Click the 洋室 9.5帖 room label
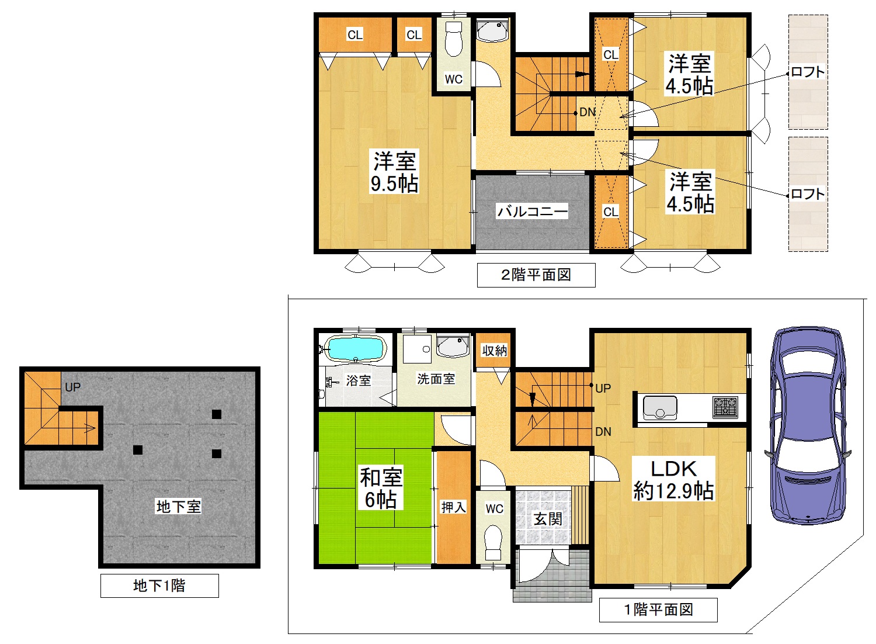(x=395, y=172)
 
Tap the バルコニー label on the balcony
(x=532, y=211)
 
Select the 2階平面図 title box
(x=536, y=275)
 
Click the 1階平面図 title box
(x=658, y=610)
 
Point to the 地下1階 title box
(x=159, y=586)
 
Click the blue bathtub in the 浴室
(x=356, y=349)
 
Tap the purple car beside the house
(x=808, y=425)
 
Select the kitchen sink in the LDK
(x=660, y=407)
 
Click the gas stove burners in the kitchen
(x=725, y=406)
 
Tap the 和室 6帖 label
(x=381, y=489)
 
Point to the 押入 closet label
(x=453, y=507)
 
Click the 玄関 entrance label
(x=548, y=519)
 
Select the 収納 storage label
(x=494, y=351)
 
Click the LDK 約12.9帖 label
(x=673, y=480)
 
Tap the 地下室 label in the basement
(x=178, y=507)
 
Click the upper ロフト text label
(x=808, y=72)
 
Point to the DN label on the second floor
(x=588, y=112)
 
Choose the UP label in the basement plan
(x=73, y=387)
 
